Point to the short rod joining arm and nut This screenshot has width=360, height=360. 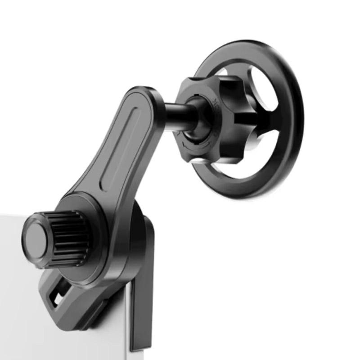[x=175, y=116]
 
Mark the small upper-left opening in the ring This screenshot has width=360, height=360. [x=222, y=72]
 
